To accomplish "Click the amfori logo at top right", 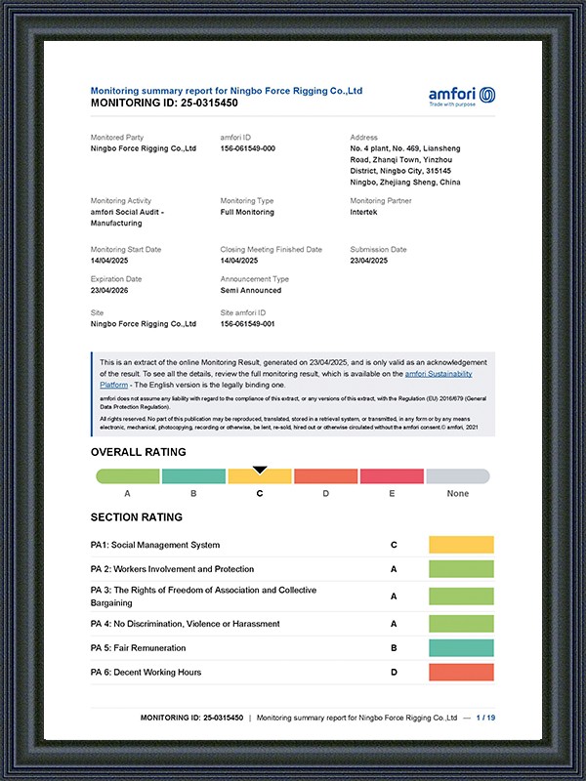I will pos(462,96).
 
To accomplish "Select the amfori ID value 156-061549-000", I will pos(248,148).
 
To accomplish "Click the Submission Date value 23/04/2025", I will pos(369,261).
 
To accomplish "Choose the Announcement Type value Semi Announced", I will pos(251,290).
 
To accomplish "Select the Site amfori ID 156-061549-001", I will pos(248,323).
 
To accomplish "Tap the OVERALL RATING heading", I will pos(138,452).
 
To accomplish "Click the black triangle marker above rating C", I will pos(260,470).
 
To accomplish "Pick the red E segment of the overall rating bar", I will pos(391,476).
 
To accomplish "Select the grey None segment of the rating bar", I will pos(457,476).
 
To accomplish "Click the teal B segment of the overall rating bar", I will pos(193,476).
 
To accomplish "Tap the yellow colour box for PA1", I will pos(461,545).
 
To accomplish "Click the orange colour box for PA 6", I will pos(461,672).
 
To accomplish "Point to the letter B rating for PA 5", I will pos(394,648).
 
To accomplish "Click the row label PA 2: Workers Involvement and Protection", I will pos(172,569).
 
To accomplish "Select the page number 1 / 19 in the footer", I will pos(485,718).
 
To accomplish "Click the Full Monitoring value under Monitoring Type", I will pos(247,212).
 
